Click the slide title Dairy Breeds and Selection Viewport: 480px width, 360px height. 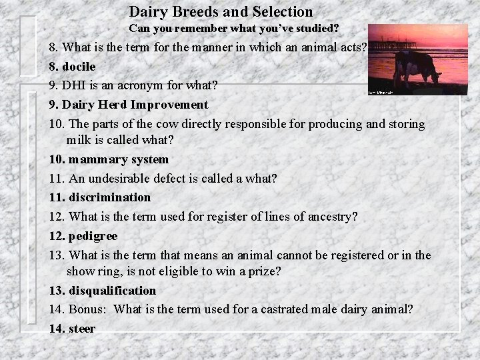click(221, 12)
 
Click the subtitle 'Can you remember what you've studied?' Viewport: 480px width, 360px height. click(233, 29)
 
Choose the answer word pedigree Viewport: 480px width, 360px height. click(93, 236)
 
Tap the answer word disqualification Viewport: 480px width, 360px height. click(112, 291)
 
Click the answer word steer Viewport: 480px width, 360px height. click(82, 329)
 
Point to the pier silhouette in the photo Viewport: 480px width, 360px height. click(393, 47)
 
